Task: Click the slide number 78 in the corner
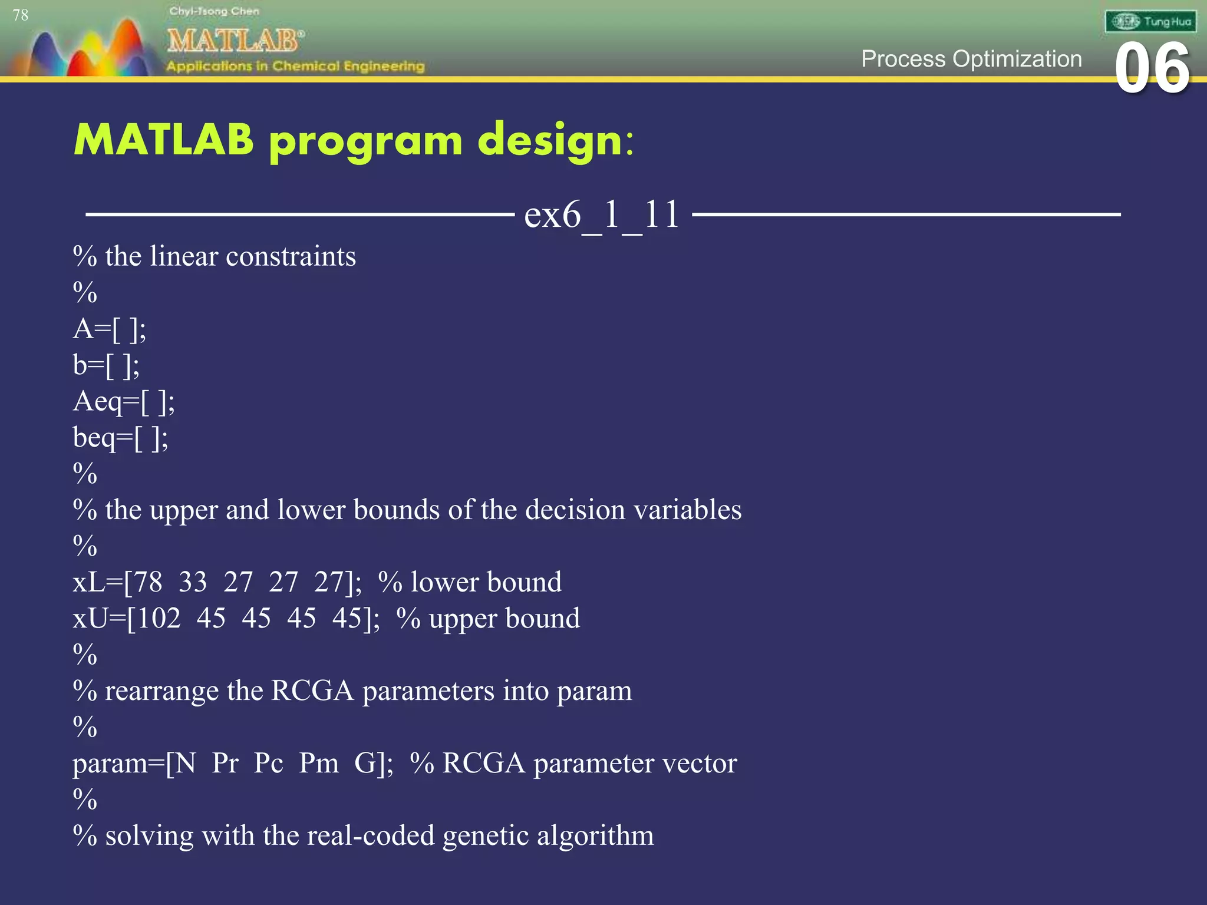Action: click(x=20, y=15)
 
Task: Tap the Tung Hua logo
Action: click(x=1150, y=22)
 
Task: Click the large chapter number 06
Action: click(x=1152, y=70)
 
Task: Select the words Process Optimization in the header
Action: click(x=971, y=59)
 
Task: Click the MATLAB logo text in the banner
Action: click(x=235, y=41)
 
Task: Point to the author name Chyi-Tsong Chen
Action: click(x=214, y=11)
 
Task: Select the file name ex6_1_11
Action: click(x=602, y=214)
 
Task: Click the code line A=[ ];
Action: click(x=110, y=329)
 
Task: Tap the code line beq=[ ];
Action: click(x=120, y=438)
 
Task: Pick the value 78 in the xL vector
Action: click(x=147, y=582)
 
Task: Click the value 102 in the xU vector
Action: click(x=156, y=619)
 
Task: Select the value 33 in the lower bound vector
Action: click(x=193, y=582)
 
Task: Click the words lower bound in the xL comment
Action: click(x=486, y=582)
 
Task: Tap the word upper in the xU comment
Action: click(x=463, y=619)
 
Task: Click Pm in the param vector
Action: click(x=318, y=764)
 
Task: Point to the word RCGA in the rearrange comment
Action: click(x=312, y=691)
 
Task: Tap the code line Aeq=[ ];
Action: click(x=124, y=402)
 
